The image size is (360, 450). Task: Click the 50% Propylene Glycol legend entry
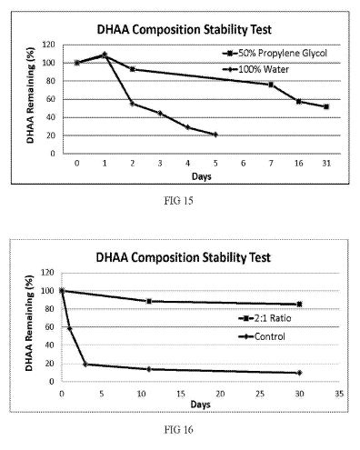(x=275, y=54)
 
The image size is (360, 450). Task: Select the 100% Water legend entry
(x=256, y=69)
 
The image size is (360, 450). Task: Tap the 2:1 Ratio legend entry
(x=265, y=318)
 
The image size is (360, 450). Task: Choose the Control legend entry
(x=262, y=336)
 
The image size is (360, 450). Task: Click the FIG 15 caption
(x=179, y=201)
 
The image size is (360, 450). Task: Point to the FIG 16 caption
(x=179, y=429)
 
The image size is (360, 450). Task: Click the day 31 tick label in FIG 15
(x=326, y=164)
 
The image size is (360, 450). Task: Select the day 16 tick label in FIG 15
(x=299, y=164)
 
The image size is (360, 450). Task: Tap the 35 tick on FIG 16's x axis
(x=339, y=394)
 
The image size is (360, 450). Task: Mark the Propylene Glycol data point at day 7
(x=271, y=85)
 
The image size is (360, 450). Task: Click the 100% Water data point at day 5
(x=215, y=135)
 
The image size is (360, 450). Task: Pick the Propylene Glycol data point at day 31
(x=326, y=106)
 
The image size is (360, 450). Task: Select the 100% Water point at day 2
(x=132, y=104)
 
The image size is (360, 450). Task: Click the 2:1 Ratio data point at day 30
(x=299, y=305)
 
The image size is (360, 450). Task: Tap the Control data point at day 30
(x=299, y=373)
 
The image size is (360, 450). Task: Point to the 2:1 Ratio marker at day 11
(x=149, y=301)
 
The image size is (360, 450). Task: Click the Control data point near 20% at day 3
(x=85, y=365)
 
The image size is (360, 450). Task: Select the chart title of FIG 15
(x=184, y=30)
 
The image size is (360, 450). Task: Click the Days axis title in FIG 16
(x=200, y=405)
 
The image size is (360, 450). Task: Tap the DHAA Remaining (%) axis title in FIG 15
(x=31, y=95)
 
